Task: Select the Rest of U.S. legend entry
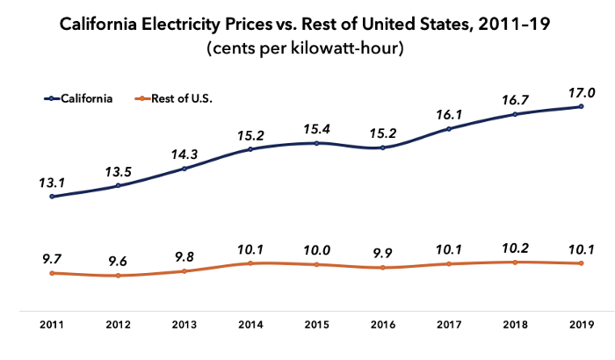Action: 185,98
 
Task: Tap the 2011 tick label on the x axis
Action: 52,325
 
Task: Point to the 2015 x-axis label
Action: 316,325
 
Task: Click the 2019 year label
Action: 581,325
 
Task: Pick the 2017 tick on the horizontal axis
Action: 448,325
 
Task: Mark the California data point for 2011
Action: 52,197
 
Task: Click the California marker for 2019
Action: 581,107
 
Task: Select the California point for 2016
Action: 382,148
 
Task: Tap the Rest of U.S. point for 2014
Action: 250,263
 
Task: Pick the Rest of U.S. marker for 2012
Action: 118,276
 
